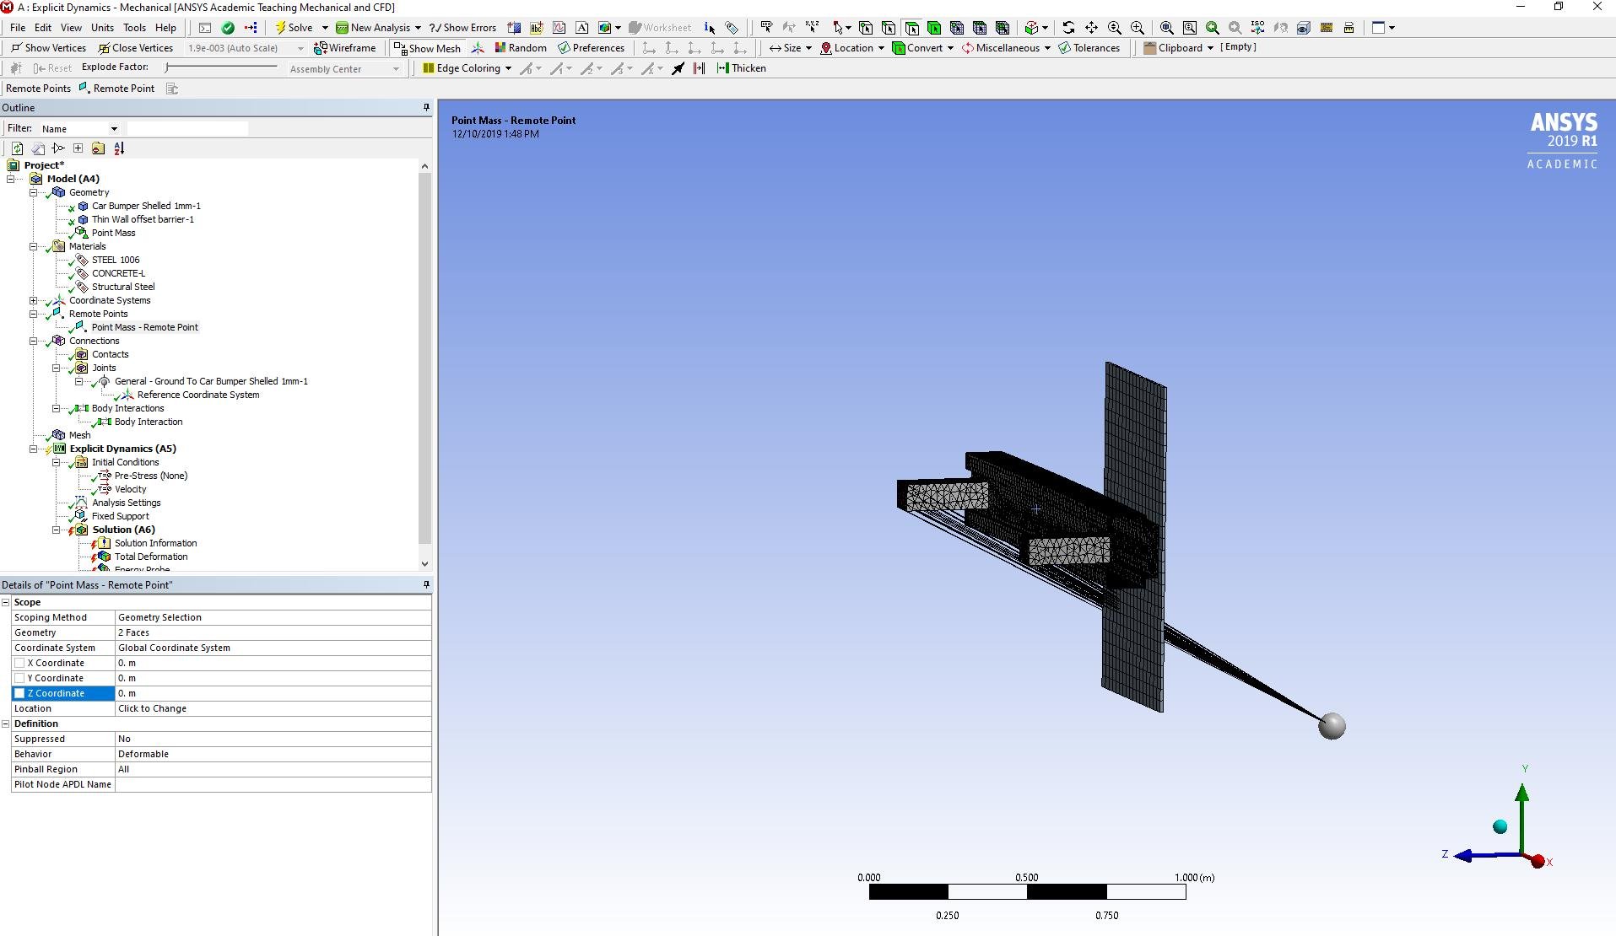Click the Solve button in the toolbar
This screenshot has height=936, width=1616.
tap(294, 28)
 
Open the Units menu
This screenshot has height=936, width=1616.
tap(102, 28)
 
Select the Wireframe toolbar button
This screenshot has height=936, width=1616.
tap(344, 48)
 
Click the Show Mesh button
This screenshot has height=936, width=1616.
tap(427, 48)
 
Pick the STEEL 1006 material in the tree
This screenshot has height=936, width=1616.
tap(116, 260)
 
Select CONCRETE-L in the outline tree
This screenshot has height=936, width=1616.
tap(118, 273)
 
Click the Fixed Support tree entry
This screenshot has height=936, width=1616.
tap(120, 516)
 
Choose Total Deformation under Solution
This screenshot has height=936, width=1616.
tap(151, 557)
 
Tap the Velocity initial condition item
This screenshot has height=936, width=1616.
tap(130, 489)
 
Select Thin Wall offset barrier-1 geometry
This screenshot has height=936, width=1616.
tap(143, 219)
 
